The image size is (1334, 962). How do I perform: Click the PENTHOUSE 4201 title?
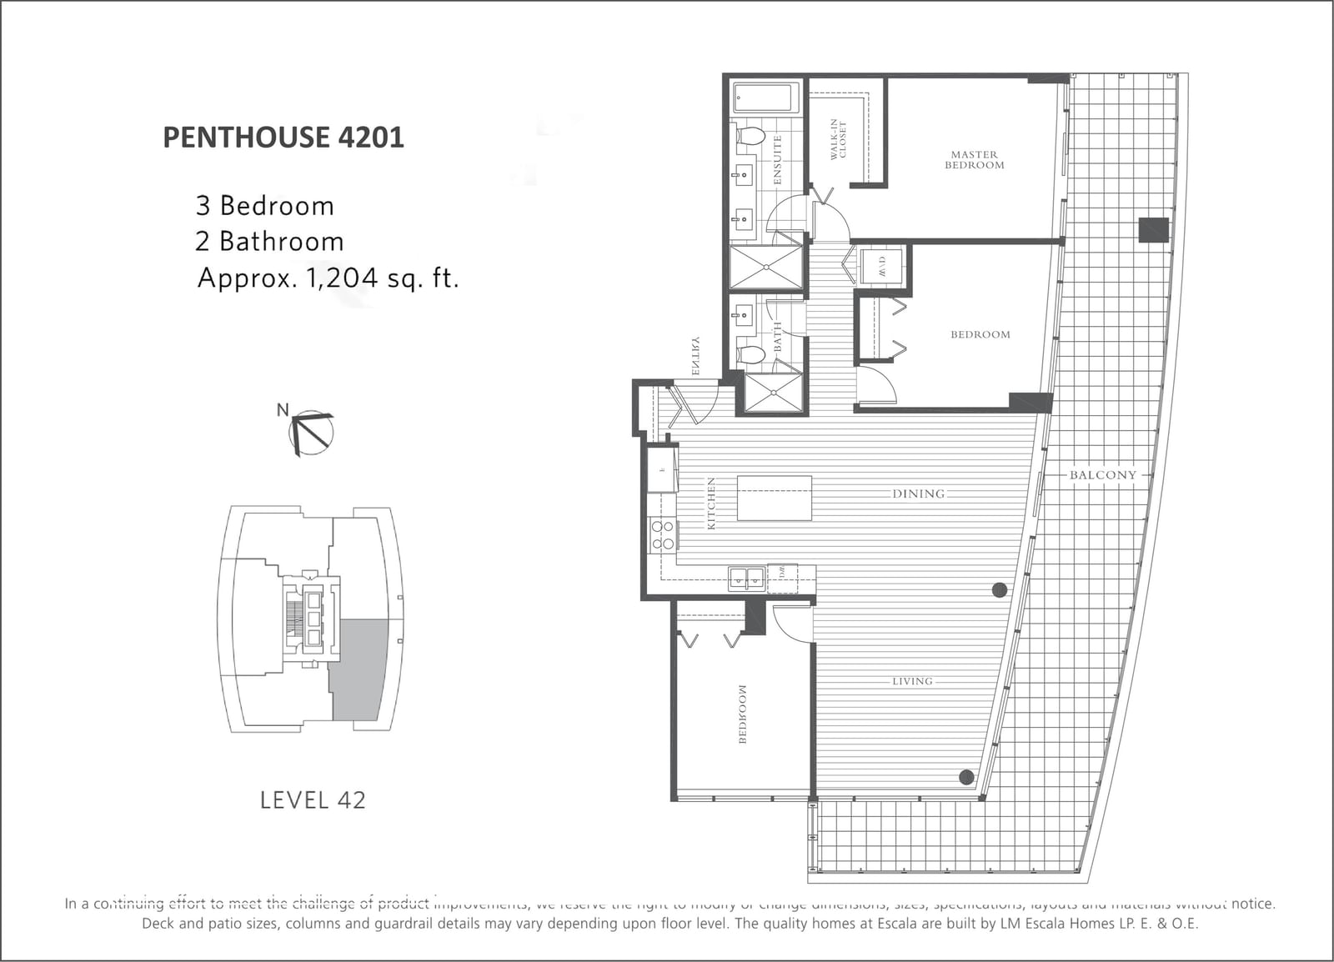tap(283, 138)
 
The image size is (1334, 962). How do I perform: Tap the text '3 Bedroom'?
tap(264, 206)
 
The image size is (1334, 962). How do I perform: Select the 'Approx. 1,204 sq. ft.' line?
tap(328, 278)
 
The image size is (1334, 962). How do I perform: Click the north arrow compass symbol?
tap(311, 432)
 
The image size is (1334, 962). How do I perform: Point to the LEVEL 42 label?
tap(313, 800)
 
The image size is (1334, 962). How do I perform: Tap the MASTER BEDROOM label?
tap(974, 160)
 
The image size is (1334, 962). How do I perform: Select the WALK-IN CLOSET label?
tap(837, 138)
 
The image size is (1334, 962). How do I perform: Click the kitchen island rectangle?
tap(774, 498)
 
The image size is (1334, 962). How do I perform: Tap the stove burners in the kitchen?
tap(663, 535)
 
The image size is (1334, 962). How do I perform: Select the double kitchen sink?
tap(747, 578)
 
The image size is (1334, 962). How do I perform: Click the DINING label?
tap(918, 494)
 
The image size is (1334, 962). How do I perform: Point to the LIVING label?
tap(912, 681)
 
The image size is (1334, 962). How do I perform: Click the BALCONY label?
tap(1102, 475)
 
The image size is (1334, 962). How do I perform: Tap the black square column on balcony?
tap(1154, 229)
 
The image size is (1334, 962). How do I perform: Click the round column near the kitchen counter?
tap(999, 590)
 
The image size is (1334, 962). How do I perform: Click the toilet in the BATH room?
tap(751, 356)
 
